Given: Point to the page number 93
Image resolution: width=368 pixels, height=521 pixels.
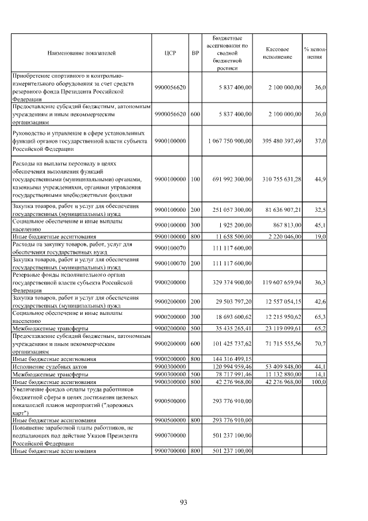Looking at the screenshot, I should coord(183,503).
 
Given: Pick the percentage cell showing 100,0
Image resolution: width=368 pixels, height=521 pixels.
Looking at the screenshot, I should coord(318,382).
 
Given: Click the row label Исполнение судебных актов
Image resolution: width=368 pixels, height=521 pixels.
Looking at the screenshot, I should coord(50,366).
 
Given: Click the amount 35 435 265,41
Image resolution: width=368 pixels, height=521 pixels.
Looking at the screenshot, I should coord(229,328).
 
